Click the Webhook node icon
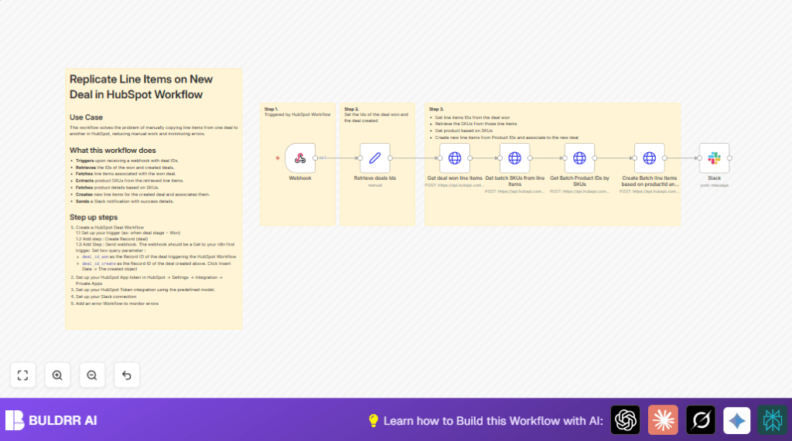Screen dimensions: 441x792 coord(300,158)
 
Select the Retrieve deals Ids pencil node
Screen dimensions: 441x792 coord(374,158)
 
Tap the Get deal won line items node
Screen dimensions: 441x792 coord(455,158)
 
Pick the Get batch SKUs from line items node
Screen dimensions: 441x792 coord(514,158)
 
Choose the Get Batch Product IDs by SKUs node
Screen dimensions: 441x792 coord(579,158)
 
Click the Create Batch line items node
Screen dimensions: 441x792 coord(650,158)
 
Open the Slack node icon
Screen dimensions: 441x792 coord(714,158)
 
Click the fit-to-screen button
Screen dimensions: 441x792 coord(22,375)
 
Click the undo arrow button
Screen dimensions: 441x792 coord(127,375)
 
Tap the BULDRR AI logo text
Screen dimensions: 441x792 coord(63,420)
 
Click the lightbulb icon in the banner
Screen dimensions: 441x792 coord(374,421)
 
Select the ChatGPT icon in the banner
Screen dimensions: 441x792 coord(626,420)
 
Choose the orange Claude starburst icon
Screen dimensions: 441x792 coord(663,420)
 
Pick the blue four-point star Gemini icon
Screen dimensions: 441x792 coord(737,420)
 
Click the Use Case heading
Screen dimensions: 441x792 coord(87,117)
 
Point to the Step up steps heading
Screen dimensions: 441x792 coord(94,217)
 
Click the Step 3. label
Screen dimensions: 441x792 coord(436,109)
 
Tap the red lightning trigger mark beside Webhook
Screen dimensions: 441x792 coord(278,158)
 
